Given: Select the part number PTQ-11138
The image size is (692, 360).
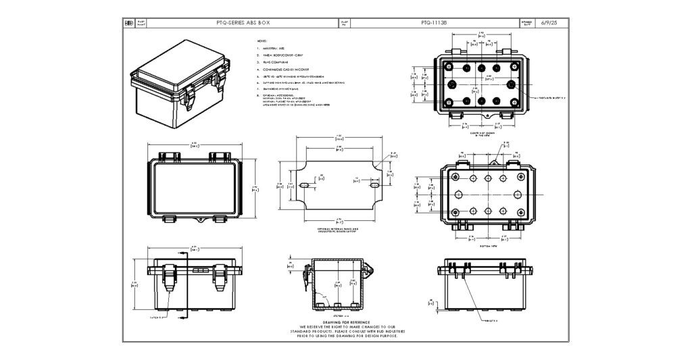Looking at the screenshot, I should tap(433, 23).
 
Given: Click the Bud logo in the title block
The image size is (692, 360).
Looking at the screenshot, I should tap(129, 23).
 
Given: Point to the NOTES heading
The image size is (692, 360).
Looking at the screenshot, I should tap(262, 41).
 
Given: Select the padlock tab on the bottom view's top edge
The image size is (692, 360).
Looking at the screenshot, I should tap(495, 163).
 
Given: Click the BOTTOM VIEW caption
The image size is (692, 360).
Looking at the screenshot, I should tap(488, 246).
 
